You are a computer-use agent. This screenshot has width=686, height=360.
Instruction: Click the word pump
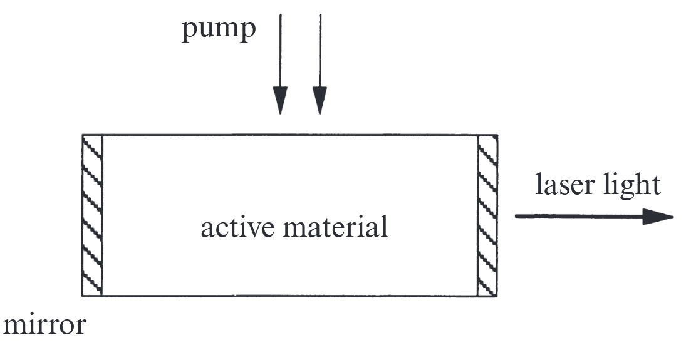click(218, 29)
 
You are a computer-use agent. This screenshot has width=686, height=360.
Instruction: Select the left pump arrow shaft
click(281, 51)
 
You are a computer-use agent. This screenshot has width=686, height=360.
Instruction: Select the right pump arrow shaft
click(320, 51)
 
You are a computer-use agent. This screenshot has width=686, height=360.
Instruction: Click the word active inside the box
click(237, 227)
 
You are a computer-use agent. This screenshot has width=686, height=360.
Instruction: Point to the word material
click(336, 227)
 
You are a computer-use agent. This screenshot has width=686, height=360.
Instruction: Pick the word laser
click(565, 184)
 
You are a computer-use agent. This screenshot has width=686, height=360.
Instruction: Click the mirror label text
click(44, 324)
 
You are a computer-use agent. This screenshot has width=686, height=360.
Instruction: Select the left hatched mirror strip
click(92, 215)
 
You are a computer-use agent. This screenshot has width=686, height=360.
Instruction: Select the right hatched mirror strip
click(487, 215)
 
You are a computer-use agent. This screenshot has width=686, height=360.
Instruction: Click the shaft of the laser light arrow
click(579, 216)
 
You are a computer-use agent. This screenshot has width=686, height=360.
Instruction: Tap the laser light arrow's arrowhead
click(658, 217)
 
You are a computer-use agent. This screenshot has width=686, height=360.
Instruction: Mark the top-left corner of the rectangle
click(82, 135)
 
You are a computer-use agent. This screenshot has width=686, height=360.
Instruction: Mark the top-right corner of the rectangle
click(497, 135)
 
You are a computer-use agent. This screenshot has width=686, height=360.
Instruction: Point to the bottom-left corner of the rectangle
click(82, 296)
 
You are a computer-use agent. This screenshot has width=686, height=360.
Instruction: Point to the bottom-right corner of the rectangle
click(497, 296)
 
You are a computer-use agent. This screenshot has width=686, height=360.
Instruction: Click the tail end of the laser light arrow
click(516, 216)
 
